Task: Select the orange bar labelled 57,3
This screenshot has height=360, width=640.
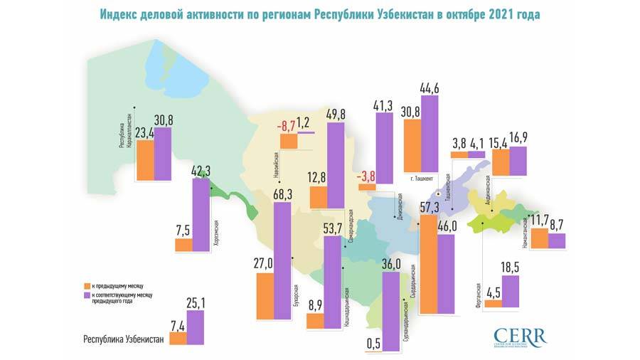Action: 428,263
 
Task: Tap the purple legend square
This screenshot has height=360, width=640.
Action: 87,294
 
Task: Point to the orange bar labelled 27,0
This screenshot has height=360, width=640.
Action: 265,296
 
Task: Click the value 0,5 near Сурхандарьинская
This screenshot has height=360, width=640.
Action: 373,344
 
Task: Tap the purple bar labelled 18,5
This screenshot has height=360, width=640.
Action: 510,292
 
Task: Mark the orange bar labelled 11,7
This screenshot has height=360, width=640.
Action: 540,238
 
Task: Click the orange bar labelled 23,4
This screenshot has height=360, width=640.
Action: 146,161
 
